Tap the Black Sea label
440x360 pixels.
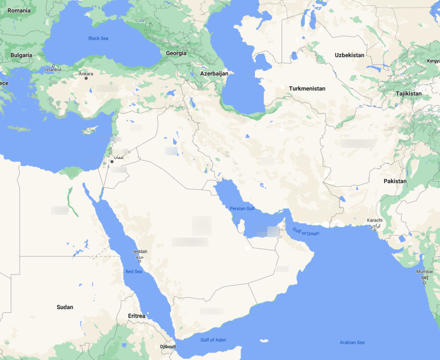(98, 38)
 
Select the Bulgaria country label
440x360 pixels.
(21, 55)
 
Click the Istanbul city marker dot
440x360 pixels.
(53, 66)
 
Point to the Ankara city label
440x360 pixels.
(86, 74)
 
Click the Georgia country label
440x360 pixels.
(176, 53)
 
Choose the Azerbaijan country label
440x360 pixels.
(214, 73)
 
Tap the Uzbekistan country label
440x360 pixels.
(349, 55)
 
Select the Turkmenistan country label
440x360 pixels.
(307, 88)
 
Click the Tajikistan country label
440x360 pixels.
(409, 93)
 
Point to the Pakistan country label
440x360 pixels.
(395, 181)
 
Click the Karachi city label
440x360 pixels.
(374, 220)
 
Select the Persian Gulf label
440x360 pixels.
(242, 208)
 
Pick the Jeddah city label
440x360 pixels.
(140, 251)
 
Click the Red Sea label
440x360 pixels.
(134, 272)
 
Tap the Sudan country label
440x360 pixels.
(65, 307)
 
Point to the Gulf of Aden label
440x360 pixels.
(213, 340)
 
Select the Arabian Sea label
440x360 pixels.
(352, 342)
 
